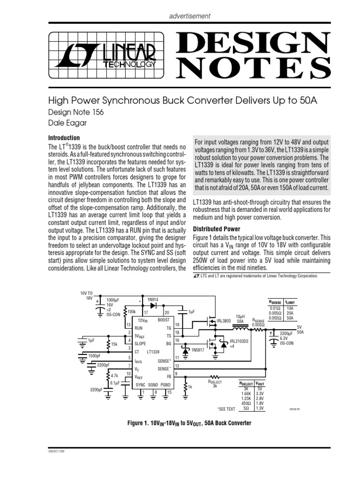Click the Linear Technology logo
(x=108, y=56)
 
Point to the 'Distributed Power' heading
(x=217, y=229)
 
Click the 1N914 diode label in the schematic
(x=154, y=299)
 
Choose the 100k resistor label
(x=132, y=311)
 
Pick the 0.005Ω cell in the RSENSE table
(x=275, y=313)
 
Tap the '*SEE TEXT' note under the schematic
(x=226, y=409)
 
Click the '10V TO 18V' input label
(x=88, y=295)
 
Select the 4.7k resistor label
(x=115, y=375)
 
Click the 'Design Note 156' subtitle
(x=76, y=112)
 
